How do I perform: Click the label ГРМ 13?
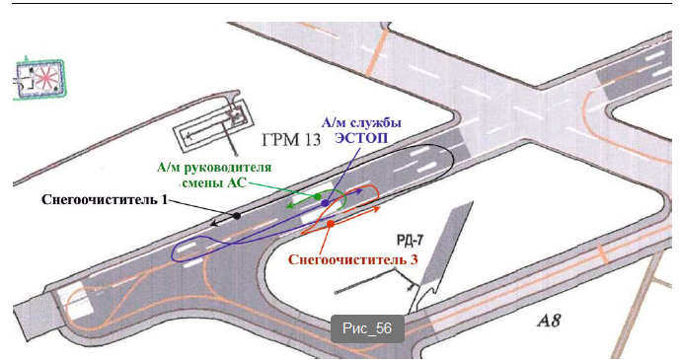(x=291, y=140)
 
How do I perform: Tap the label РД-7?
(x=411, y=241)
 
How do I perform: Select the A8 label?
(x=549, y=321)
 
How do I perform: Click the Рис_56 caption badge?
(x=367, y=328)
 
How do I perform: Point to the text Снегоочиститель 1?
(x=105, y=199)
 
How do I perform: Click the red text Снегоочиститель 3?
(x=353, y=259)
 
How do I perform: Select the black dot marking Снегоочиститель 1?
(x=237, y=215)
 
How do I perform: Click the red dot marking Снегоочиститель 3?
(x=331, y=224)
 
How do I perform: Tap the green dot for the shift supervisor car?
(x=318, y=196)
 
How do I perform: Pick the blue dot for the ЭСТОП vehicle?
(x=326, y=203)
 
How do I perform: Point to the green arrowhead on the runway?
(x=289, y=206)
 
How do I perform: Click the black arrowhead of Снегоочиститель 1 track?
(x=212, y=224)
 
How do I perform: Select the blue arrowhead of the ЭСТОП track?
(x=359, y=190)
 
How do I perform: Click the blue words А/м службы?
(x=361, y=123)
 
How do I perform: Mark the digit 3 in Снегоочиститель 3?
(x=415, y=259)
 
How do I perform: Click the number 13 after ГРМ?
(x=311, y=140)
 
